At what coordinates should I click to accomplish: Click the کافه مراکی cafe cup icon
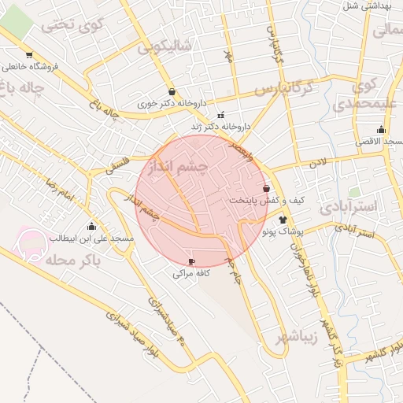click(x=191, y=261)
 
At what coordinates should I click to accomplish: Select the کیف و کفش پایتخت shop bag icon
click(x=266, y=189)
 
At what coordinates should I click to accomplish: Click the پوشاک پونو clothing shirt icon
click(x=283, y=220)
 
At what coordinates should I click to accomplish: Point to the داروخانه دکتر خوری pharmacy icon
click(x=172, y=91)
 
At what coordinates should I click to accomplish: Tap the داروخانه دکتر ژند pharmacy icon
click(x=220, y=115)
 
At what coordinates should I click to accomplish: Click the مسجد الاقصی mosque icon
click(x=381, y=130)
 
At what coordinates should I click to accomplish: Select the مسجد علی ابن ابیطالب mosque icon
click(x=92, y=227)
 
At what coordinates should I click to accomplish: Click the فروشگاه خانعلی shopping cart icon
click(x=29, y=55)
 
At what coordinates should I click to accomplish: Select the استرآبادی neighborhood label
click(x=349, y=206)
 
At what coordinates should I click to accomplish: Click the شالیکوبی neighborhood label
click(x=165, y=46)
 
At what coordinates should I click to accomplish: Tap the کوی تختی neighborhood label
click(x=72, y=24)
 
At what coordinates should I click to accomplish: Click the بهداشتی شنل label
click(x=364, y=6)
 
